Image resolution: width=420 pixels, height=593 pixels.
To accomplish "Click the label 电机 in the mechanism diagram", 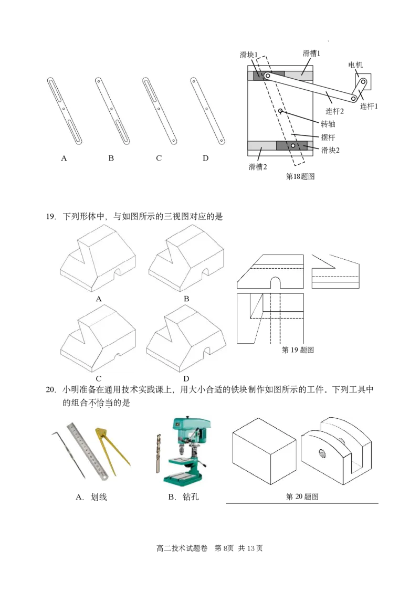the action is click(x=355, y=65).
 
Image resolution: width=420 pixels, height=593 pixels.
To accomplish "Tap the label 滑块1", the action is click(x=249, y=55).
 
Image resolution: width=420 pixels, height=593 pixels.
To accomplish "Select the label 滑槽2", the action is click(x=258, y=167).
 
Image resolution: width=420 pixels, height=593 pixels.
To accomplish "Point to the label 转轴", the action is click(x=328, y=124).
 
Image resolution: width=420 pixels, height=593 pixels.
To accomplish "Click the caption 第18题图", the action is click(x=300, y=176).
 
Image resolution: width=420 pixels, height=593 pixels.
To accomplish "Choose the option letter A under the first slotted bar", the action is click(x=64, y=158).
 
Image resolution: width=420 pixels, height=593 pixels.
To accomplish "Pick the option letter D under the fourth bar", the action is click(x=205, y=158).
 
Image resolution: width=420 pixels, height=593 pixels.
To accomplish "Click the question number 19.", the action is click(x=51, y=217).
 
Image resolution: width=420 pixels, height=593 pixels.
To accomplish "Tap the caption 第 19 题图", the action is click(x=298, y=350).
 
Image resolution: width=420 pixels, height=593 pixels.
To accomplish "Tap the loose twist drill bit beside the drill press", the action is click(x=158, y=453).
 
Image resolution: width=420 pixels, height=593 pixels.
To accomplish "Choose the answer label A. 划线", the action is click(x=91, y=497).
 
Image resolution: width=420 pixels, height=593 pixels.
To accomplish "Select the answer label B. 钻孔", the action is click(x=184, y=497).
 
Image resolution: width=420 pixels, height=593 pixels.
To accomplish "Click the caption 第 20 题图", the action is click(x=302, y=496).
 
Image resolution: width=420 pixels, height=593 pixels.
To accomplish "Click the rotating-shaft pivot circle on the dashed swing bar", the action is click(x=281, y=111).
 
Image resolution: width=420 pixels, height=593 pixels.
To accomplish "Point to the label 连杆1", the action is click(x=369, y=107).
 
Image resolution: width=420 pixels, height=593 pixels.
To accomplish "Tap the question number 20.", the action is click(x=51, y=389).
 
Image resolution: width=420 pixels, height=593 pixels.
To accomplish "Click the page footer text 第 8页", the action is click(x=224, y=548).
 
